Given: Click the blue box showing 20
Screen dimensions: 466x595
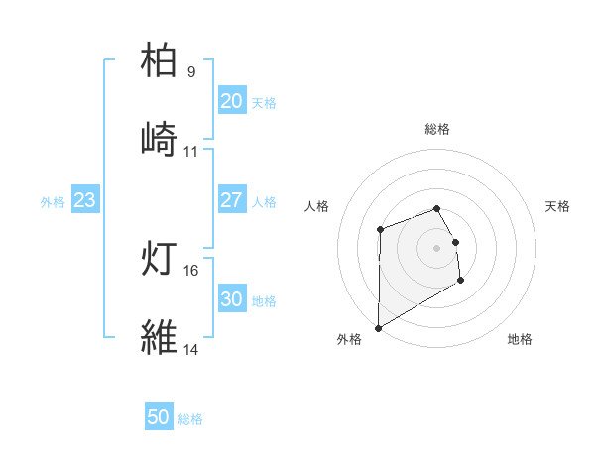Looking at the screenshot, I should (231, 101).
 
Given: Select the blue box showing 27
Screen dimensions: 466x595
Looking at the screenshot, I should (231, 200).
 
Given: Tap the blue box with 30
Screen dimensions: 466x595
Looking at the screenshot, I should (231, 299).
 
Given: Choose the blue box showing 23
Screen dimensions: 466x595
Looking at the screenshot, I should (85, 201).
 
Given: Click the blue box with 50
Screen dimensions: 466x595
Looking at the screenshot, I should (159, 417).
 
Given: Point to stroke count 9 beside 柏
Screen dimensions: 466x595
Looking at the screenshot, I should (191, 72).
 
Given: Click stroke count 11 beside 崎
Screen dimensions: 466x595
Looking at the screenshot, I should (191, 152).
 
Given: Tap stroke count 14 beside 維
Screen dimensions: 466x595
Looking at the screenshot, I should (191, 350).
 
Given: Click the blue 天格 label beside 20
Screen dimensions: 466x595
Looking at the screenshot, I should (263, 102).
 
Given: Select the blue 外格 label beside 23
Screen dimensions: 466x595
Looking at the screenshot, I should (53, 202).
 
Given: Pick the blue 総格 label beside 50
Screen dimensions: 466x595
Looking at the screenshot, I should (190, 418).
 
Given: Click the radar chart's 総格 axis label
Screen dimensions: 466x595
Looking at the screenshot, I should (437, 129).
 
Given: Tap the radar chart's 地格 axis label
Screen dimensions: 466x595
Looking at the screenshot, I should (520, 339).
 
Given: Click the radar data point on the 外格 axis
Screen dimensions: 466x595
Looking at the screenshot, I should (378, 327).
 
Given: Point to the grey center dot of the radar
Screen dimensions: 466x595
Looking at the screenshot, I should (437, 247).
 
